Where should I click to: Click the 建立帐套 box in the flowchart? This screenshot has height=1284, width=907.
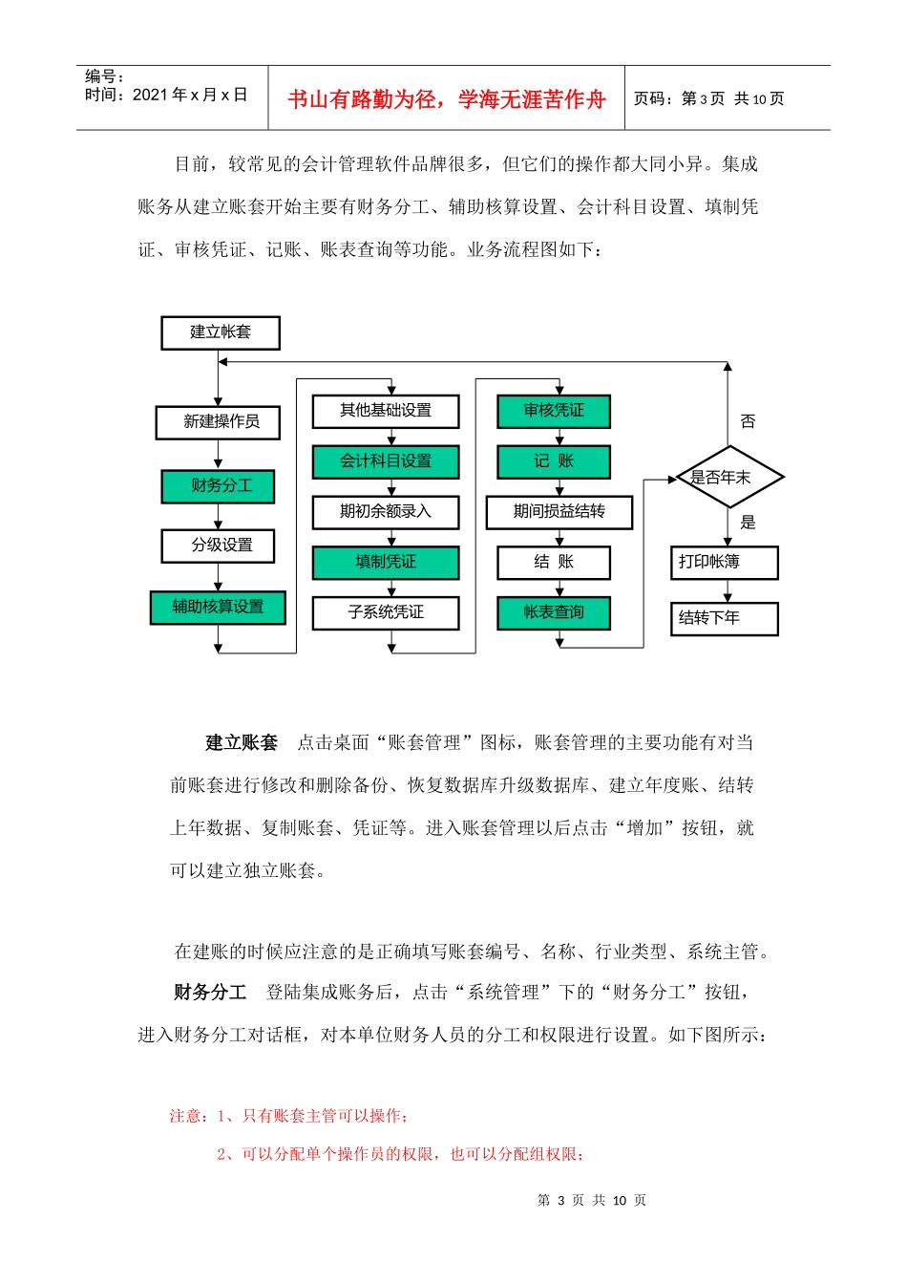(x=221, y=332)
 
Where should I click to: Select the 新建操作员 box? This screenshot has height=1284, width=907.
(x=219, y=422)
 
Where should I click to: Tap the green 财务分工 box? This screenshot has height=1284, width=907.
(x=219, y=486)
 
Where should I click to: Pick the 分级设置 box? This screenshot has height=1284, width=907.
(x=219, y=546)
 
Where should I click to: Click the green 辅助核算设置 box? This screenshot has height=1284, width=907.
(x=219, y=608)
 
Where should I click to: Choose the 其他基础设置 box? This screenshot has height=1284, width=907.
(x=386, y=411)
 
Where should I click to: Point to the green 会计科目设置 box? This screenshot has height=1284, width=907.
(x=386, y=461)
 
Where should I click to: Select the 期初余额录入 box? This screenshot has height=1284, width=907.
(x=386, y=512)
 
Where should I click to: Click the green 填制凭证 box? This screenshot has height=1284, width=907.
(x=386, y=563)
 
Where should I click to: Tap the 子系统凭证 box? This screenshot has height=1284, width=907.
(x=386, y=613)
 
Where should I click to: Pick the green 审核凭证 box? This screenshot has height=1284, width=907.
(x=554, y=411)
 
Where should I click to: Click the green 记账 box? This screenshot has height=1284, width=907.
(x=554, y=461)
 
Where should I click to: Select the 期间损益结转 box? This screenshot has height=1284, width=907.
(x=559, y=512)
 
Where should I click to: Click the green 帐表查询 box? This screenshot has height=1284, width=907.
(x=554, y=613)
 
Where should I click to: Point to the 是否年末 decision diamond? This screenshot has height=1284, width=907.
(x=728, y=477)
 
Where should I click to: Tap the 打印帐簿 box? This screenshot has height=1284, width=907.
(x=725, y=563)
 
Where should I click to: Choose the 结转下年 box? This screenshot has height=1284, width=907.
(x=725, y=618)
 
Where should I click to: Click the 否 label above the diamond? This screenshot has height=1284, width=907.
(x=748, y=421)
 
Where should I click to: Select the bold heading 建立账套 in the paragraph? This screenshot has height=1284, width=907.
(x=242, y=742)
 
